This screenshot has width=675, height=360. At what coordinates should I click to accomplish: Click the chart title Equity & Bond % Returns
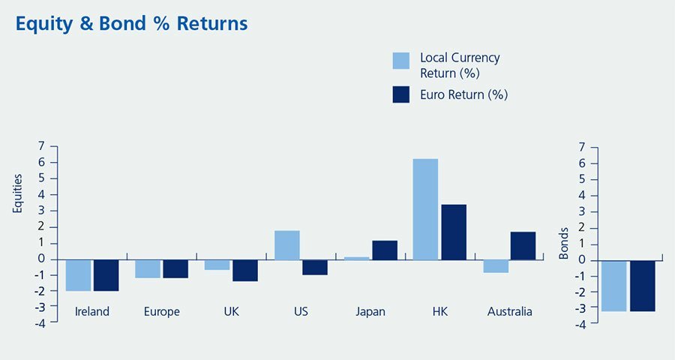[x=131, y=24]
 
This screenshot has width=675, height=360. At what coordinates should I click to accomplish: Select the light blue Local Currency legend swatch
[x=401, y=61]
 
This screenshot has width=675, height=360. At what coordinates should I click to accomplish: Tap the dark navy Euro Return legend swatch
[x=401, y=94]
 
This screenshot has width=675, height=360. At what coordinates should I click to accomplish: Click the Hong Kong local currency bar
[x=425, y=209]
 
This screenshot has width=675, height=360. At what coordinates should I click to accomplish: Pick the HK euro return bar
[x=454, y=232]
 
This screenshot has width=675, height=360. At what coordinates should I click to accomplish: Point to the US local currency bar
[x=287, y=245]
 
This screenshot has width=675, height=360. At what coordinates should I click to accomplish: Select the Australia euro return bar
[x=523, y=246]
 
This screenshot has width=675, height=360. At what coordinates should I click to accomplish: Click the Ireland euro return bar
[x=106, y=275]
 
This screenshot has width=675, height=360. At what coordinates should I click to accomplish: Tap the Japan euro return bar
[x=385, y=250]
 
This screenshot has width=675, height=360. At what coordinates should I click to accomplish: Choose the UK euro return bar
[x=245, y=270]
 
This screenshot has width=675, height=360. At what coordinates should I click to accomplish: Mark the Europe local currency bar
[x=148, y=268]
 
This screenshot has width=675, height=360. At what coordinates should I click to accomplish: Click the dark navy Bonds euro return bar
[x=643, y=286]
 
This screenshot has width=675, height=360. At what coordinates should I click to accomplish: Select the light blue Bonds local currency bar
[x=614, y=286]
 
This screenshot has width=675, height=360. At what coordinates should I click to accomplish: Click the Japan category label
[x=370, y=312]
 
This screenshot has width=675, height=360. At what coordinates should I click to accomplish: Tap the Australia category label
[x=508, y=312]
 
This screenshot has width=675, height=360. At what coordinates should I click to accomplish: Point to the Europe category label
[x=161, y=312]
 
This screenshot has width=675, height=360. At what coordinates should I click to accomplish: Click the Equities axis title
[x=19, y=193]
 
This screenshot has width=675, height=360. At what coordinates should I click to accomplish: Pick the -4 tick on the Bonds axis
[x=581, y=324]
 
